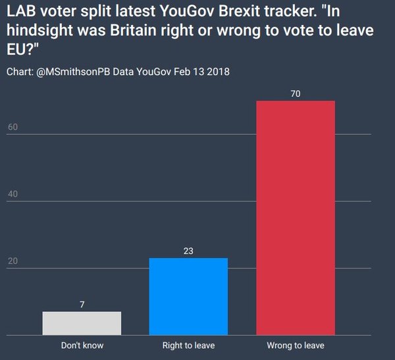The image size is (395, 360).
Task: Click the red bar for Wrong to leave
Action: (296, 217)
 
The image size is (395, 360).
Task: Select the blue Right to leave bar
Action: (188, 296)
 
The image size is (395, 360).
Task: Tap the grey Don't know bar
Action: (82, 322)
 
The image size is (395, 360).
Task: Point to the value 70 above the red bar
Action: (296, 94)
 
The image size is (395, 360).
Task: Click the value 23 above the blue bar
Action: (188, 251)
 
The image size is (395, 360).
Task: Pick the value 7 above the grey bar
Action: (82, 304)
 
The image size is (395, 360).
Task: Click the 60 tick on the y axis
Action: (13, 127)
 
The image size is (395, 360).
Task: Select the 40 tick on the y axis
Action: (13, 194)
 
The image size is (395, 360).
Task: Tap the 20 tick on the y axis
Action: (13, 261)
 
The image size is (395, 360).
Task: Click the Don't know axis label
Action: (82, 345)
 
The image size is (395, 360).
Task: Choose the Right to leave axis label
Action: (188, 345)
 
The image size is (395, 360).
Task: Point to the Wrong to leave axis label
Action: (296, 345)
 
